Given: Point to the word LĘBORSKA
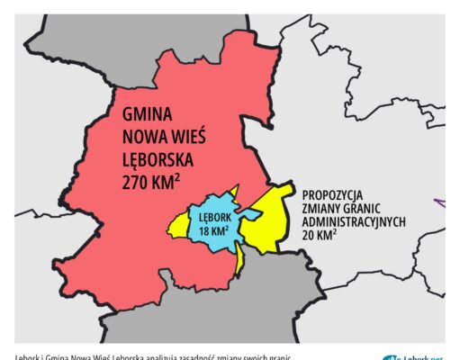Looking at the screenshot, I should (x=166, y=163).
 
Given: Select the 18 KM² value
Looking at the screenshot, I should (x=213, y=231).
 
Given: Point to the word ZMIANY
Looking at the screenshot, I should (x=323, y=208).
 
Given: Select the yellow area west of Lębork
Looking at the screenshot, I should (x=177, y=229).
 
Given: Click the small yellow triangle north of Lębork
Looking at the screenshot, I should (x=235, y=192).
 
